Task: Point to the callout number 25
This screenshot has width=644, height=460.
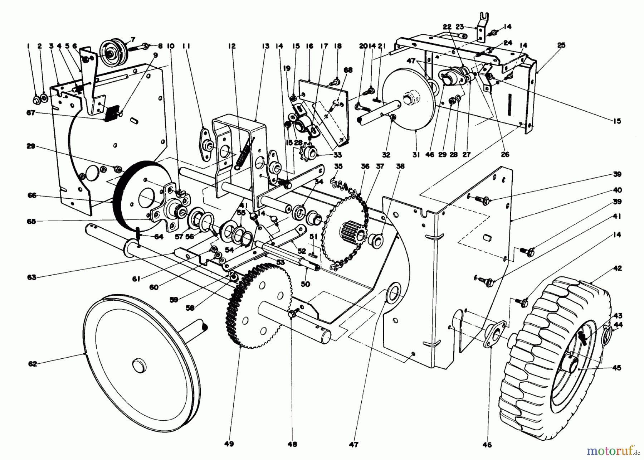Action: (561, 45)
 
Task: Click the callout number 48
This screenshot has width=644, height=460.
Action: (292, 444)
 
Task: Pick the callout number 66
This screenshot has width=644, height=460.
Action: (32, 195)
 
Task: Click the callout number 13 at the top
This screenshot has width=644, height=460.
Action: (265, 46)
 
